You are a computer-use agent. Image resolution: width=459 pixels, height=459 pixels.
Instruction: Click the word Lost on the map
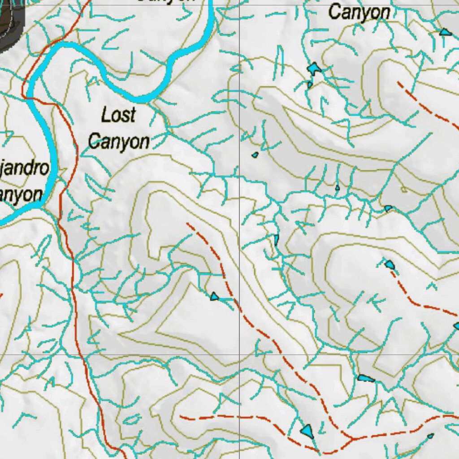118,115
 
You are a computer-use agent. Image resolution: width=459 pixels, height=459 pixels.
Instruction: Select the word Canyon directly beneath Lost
119,141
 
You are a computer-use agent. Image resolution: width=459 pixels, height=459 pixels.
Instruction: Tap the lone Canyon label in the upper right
359,12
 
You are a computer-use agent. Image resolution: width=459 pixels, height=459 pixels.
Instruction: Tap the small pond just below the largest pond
310,84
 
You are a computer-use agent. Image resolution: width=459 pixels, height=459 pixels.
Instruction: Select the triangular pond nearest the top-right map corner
445,32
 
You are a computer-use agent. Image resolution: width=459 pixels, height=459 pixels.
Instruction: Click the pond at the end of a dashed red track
390,264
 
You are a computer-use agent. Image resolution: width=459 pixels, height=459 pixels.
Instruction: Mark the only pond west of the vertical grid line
214,296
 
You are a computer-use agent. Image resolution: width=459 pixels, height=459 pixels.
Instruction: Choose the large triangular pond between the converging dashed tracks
307,430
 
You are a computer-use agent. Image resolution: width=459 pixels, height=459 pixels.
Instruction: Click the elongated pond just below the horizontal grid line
366,379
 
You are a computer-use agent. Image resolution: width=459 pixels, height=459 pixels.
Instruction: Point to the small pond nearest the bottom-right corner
430,436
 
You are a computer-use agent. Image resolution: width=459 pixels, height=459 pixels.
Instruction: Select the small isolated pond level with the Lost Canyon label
255,155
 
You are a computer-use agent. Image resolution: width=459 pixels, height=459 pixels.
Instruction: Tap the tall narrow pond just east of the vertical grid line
277,239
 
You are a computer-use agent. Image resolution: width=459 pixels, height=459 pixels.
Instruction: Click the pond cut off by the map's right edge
456,326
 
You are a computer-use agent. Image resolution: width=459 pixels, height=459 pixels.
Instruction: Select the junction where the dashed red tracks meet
352,437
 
